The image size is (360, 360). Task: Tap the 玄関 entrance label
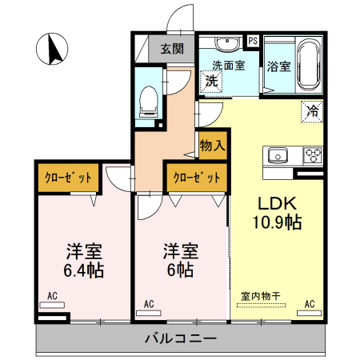coord(171,48)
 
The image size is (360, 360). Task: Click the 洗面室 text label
coord(228,65)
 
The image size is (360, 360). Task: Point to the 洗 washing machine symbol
coord(211,80)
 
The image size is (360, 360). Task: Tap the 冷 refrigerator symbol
coord(312,111)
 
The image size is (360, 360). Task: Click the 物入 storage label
coord(212,146)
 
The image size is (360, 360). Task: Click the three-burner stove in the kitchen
coord(311,154)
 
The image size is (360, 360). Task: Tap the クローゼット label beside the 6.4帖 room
coord(67,177)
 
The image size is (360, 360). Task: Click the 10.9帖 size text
coord(278,223)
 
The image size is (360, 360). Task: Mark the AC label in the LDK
coord(310,303)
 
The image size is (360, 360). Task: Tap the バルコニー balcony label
coord(180,338)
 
